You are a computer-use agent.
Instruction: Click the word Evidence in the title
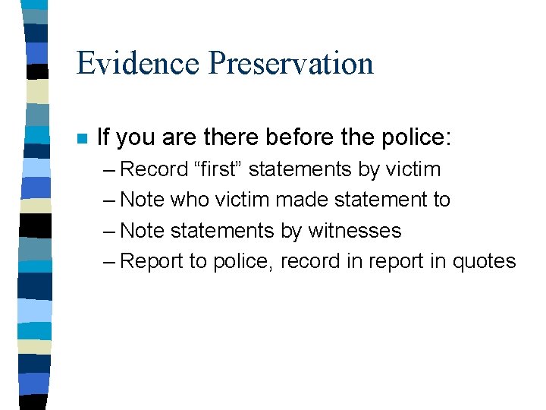point(138,63)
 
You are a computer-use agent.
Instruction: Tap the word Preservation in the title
point(291,63)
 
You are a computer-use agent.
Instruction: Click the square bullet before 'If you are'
point(81,139)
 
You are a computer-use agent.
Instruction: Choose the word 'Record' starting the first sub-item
point(155,169)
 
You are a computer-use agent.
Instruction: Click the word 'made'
point(298,200)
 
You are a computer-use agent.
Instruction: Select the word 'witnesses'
point(355,230)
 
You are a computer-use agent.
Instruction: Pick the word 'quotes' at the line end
point(484,261)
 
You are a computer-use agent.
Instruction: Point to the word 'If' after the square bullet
point(104,137)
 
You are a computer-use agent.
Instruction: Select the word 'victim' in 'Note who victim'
point(242,200)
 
